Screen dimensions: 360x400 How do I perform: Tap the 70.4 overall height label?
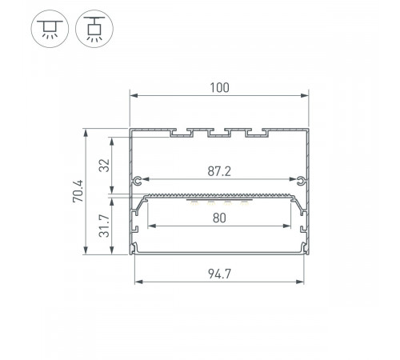tap(77, 193)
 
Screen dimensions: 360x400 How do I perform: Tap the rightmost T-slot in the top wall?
tap(256, 132)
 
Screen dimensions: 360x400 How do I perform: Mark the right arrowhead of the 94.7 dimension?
tap(303, 280)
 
